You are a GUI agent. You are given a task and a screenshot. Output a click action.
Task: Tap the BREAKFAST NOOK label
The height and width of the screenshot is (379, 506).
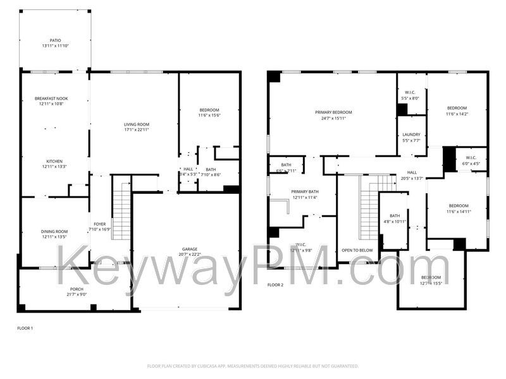52,99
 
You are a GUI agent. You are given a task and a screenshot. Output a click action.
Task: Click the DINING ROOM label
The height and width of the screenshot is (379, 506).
54,232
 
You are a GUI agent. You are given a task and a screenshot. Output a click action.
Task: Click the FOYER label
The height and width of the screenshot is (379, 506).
100,224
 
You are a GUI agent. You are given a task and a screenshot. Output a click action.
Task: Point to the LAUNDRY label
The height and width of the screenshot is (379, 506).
411,135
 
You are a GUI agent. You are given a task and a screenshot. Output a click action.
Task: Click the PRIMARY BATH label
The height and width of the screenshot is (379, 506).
304,191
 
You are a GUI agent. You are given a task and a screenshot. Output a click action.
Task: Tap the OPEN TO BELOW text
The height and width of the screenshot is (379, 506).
357,250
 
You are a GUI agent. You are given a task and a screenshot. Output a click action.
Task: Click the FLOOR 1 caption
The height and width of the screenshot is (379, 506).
25,328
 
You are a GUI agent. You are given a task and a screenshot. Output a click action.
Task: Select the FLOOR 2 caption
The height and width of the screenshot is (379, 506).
275,285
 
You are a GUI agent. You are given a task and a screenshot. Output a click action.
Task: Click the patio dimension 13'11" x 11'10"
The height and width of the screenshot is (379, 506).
56,45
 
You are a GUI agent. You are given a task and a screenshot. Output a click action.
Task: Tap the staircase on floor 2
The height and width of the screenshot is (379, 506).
369,208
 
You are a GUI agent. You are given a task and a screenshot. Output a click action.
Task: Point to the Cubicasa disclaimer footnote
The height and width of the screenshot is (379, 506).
253,366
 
